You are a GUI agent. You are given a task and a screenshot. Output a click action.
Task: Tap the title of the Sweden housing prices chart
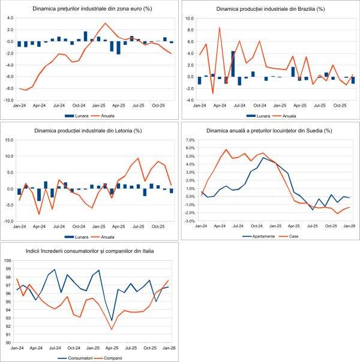269,131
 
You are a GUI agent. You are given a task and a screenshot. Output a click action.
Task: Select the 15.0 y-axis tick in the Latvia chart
10,140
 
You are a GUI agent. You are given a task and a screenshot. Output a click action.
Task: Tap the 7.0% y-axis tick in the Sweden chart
190,140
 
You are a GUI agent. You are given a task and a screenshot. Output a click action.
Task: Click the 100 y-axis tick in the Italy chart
8,260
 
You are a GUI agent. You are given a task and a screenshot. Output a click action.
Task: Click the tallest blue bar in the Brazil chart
233,64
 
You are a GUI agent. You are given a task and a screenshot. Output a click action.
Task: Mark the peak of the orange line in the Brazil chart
219,28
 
